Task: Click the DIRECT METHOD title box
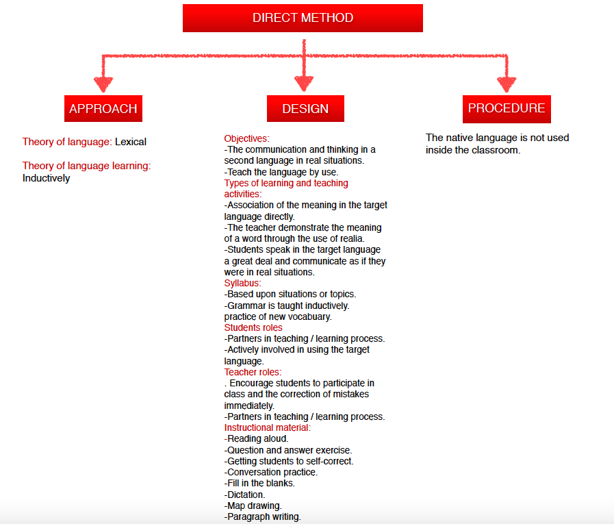[x=303, y=18]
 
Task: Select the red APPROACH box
[x=103, y=108]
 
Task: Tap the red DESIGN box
[x=305, y=108]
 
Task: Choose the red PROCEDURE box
[x=507, y=108]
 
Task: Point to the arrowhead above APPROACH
[x=103, y=84]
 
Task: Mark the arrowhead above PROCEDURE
[x=507, y=84]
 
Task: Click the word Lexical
[x=131, y=142]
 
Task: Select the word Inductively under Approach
[x=46, y=178]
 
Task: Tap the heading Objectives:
[x=246, y=138]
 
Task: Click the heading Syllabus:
[x=243, y=283]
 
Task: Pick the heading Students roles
[x=253, y=327]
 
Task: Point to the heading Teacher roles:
[x=253, y=372]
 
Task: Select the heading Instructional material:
[x=267, y=427]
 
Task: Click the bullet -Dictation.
[x=244, y=494]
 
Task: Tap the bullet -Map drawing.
[x=253, y=506]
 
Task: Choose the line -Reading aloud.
[x=256, y=438]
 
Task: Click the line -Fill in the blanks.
[x=259, y=483]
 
